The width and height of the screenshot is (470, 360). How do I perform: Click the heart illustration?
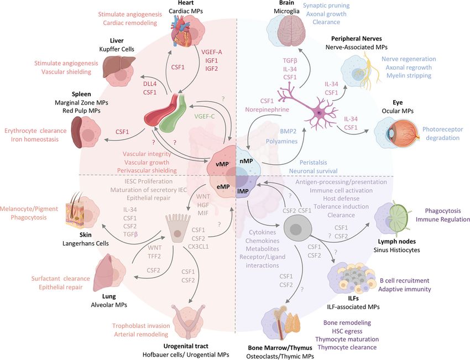[182, 32]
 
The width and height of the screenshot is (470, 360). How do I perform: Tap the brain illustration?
[291, 31]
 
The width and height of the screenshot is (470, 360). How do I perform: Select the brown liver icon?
[114, 64]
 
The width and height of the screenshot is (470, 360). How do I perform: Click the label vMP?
[222, 164]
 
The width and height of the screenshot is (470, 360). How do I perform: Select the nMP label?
[246, 161]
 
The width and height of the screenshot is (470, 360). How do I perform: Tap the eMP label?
[223, 187]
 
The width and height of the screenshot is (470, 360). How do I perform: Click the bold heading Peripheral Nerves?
[357, 39]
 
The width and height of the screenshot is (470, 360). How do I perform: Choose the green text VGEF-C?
[205, 116]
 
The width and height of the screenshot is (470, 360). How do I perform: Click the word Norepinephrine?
[267, 109]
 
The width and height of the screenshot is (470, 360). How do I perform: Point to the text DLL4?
[150, 84]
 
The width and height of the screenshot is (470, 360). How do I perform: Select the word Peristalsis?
[313, 163]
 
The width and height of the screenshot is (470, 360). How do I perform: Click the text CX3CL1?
[199, 247]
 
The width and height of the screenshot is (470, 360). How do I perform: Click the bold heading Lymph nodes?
[396, 241]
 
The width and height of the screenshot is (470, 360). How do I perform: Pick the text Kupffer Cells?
[117, 49]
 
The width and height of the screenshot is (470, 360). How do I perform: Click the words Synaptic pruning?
[326, 6]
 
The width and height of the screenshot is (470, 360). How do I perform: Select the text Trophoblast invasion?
[141, 326]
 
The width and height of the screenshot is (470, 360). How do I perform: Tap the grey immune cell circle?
[296, 229]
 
